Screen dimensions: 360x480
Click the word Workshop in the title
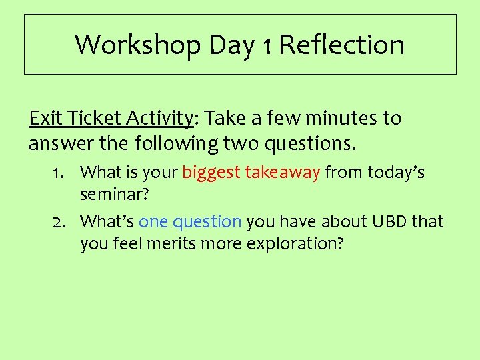(137, 45)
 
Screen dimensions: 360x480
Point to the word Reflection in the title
(341, 45)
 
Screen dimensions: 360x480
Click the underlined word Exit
(45, 119)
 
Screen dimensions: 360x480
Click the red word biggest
(211, 173)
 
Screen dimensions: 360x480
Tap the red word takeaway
(283, 173)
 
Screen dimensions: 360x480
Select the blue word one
(153, 221)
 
